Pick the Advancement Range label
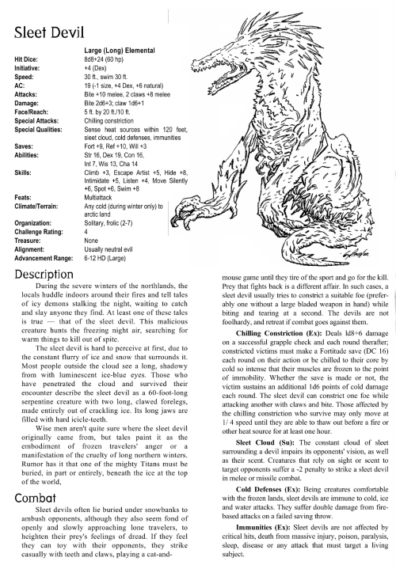click(x=44, y=257)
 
